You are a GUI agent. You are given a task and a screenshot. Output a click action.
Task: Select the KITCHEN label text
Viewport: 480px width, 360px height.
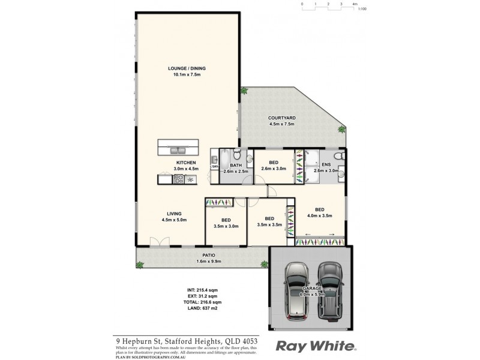coord(186,163)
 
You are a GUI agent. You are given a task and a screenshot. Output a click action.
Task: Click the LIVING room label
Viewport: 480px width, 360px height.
coord(175,214)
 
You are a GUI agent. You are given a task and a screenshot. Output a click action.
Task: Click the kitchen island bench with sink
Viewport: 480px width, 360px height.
coord(177,148)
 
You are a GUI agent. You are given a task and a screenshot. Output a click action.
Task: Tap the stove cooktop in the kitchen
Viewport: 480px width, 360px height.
coord(181,179)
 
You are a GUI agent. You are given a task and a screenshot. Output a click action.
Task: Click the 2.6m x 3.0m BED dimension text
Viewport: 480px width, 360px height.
coord(274,169)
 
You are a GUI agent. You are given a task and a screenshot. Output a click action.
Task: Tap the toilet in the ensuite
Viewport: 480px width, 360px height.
coord(340,157)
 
